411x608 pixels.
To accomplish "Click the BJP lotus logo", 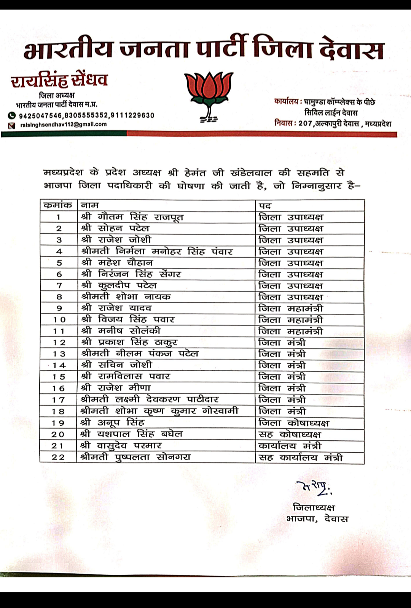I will tap(208, 96).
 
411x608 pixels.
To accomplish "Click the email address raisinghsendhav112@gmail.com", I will tap(64, 124).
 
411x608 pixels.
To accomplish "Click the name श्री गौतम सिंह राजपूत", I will tap(132, 217).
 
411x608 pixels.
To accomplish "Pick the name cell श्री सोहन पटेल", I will tap(115, 228).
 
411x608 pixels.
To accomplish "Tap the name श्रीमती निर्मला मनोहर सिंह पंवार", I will tap(156, 251).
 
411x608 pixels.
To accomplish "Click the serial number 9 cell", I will tap(59, 308).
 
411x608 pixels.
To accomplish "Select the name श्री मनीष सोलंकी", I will tap(121, 331).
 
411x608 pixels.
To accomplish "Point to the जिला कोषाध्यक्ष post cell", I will tap(293, 423).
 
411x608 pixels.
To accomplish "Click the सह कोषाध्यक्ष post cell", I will tap(290, 434).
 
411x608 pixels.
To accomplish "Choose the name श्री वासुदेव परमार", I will tap(121, 446).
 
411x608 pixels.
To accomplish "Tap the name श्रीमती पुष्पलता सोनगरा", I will tap(135, 457).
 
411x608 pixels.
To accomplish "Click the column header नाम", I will tap(90, 205).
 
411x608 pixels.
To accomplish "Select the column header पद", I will tap(265, 205).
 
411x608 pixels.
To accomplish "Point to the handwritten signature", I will tap(314, 488).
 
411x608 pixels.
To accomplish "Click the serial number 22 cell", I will tap(58, 457).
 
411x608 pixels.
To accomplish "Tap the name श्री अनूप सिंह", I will tap(112, 423).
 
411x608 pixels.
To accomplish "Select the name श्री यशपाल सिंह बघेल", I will tap(131, 434).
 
